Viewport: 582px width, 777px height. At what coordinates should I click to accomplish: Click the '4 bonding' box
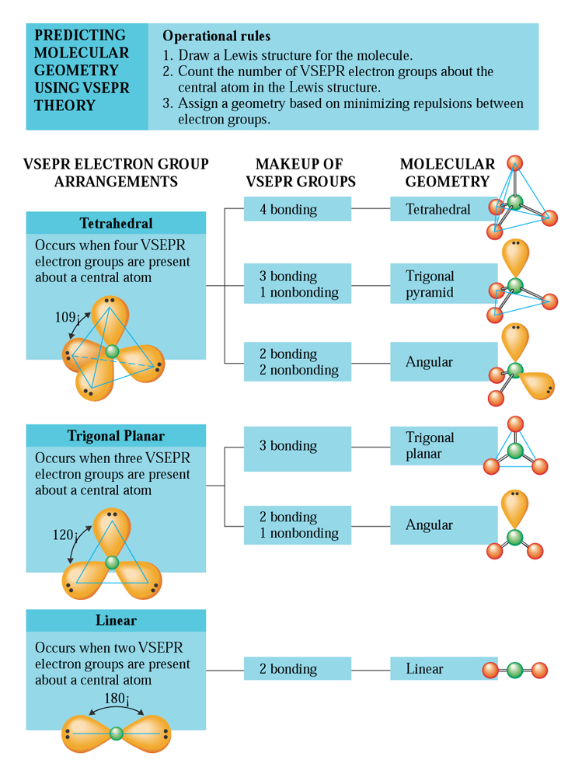pyautogui.click(x=298, y=208)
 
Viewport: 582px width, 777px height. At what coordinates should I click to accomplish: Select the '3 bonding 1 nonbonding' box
pyautogui.click(x=298, y=284)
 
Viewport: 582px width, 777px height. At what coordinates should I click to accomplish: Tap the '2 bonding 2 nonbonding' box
pyautogui.click(x=298, y=361)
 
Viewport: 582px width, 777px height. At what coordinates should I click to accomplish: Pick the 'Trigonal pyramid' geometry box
pyautogui.click(x=444, y=284)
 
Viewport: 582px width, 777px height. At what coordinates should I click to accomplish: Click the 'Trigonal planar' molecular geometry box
pyautogui.click(x=444, y=445)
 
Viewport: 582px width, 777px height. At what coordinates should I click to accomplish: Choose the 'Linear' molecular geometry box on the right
pyautogui.click(x=444, y=668)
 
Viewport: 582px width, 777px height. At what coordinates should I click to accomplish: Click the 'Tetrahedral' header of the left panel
pyautogui.click(x=116, y=223)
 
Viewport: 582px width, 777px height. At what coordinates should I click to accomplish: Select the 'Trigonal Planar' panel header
pyautogui.click(x=116, y=436)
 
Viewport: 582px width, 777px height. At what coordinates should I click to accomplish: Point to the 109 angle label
pyautogui.click(x=66, y=317)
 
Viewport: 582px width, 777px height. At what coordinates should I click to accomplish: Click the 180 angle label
pyautogui.click(x=117, y=699)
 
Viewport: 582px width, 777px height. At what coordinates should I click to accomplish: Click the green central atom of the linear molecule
pyautogui.click(x=515, y=670)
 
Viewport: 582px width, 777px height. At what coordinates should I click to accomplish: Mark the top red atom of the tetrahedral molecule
pyautogui.click(x=515, y=163)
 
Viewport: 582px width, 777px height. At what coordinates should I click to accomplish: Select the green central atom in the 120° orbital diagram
pyautogui.click(x=113, y=563)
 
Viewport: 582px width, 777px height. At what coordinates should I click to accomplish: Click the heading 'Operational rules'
pyautogui.click(x=217, y=37)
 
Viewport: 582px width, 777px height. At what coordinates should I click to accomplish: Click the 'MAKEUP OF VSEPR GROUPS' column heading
pyautogui.click(x=301, y=172)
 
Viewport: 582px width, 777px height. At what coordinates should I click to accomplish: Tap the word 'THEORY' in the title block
pyautogui.click(x=64, y=106)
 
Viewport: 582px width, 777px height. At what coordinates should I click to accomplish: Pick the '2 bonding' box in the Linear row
pyautogui.click(x=298, y=668)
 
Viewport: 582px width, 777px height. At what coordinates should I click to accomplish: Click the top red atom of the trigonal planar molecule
pyautogui.click(x=516, y=424)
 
